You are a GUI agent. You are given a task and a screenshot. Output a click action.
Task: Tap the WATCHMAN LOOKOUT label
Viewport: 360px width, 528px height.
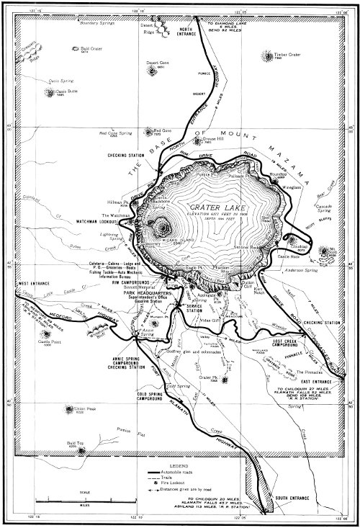pos(91,222)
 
